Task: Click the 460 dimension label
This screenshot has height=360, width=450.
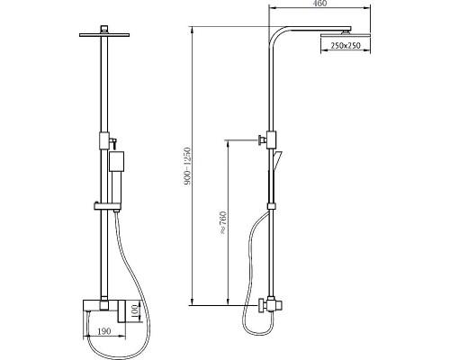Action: [x=320, y=3]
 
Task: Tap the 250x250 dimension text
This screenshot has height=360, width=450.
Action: [x=346, y=46]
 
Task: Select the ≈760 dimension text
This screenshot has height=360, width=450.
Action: [x=224, y=223]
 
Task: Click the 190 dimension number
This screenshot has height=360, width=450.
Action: [x=104, y=331]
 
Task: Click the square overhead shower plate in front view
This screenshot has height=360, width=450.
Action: [x=104, y=35]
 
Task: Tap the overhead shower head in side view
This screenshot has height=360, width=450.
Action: [x=346, y=35]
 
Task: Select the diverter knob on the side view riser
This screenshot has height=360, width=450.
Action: [x=262, y=140]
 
